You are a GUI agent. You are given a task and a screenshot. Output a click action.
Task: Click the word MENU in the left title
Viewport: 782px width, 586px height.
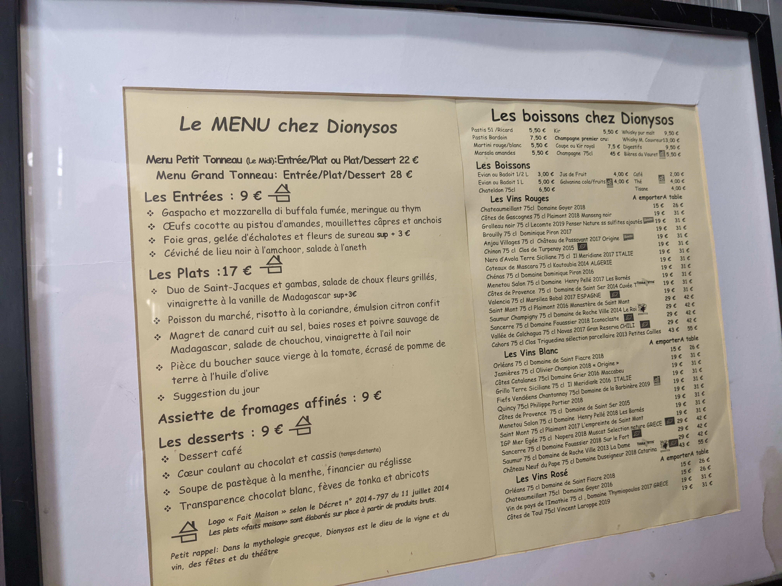(241, 124)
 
